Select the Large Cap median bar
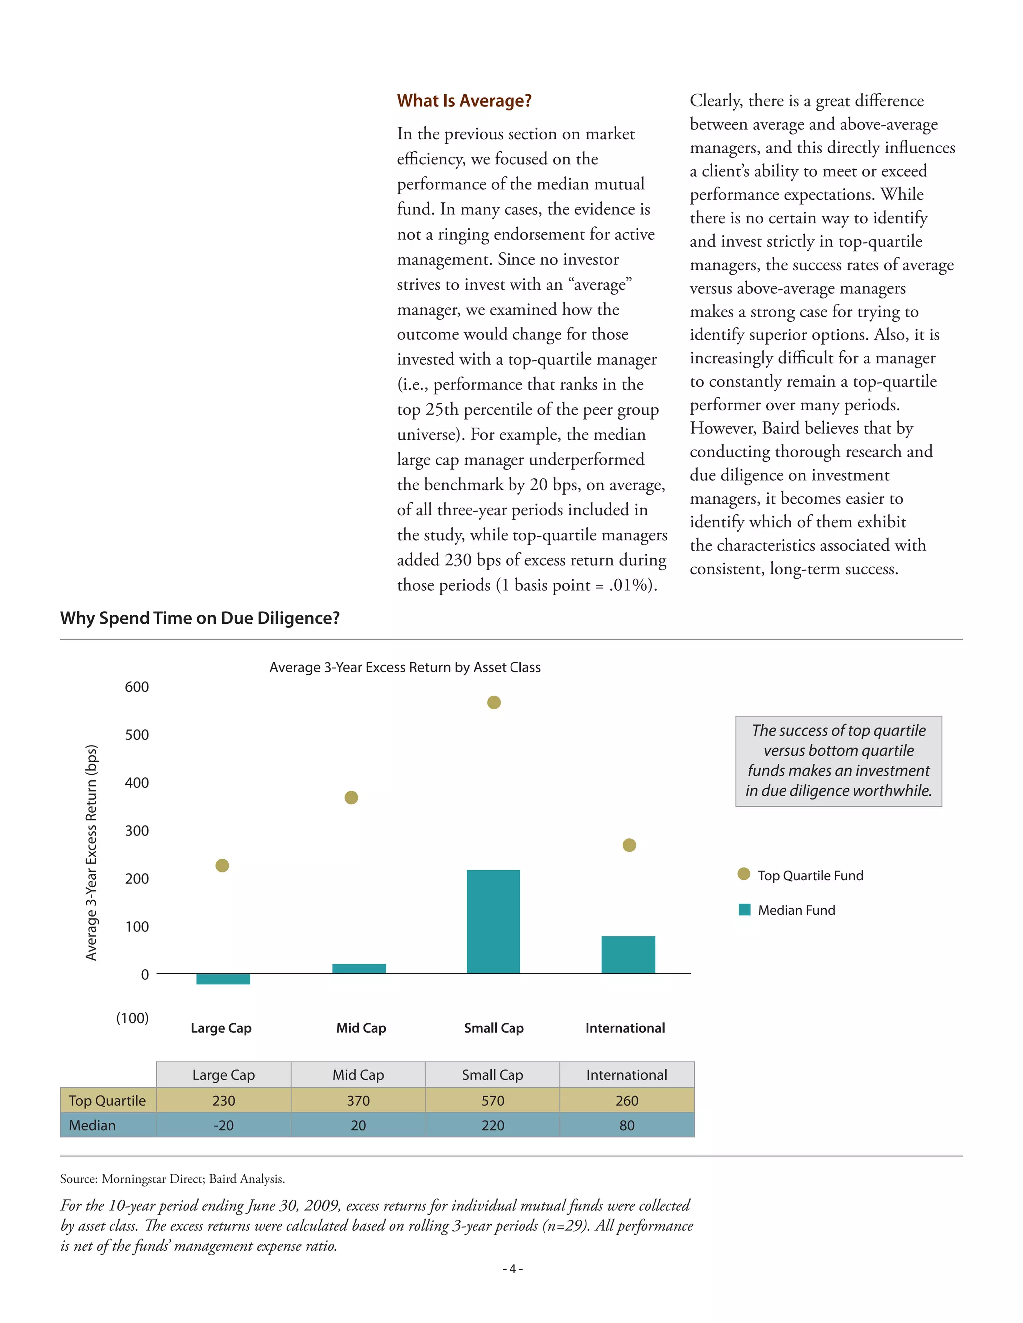(223, 979)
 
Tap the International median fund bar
(628, 954)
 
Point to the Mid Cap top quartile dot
(351, 797)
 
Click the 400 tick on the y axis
(137, 783)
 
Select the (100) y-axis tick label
(133, 1017)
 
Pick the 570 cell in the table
(492, 1101)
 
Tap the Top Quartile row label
(108, 1101)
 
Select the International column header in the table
(627, 1075)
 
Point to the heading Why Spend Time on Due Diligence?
(200, 618)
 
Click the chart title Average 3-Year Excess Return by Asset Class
(405, 667)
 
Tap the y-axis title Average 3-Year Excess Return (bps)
(91, 852)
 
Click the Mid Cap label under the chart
(361, 1028)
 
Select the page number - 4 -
(512, 1269)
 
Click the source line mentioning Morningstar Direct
(173, 1179)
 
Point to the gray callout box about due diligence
(838, 761)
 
